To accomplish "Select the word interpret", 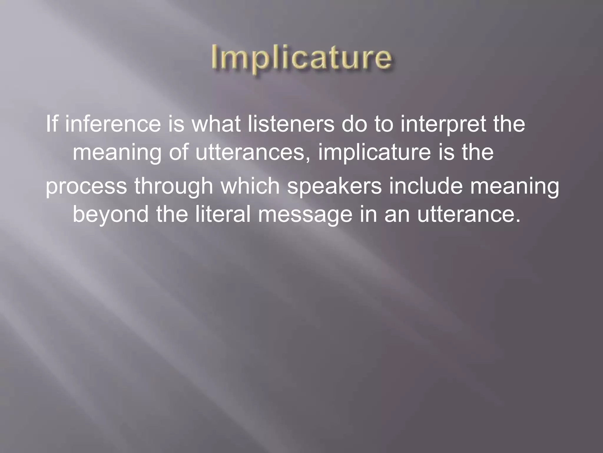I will [x=443, y=125].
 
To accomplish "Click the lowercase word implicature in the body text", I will [x=374, y=153].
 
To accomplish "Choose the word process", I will [x=86, y=187].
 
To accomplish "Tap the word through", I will [x=173, y=187].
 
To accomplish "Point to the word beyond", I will [x=110, y=215].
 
